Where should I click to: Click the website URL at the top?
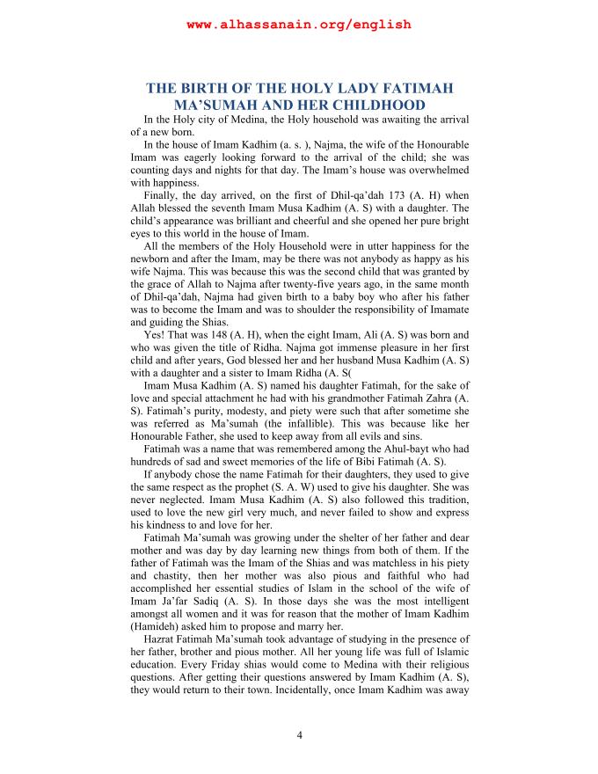point(299,25)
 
